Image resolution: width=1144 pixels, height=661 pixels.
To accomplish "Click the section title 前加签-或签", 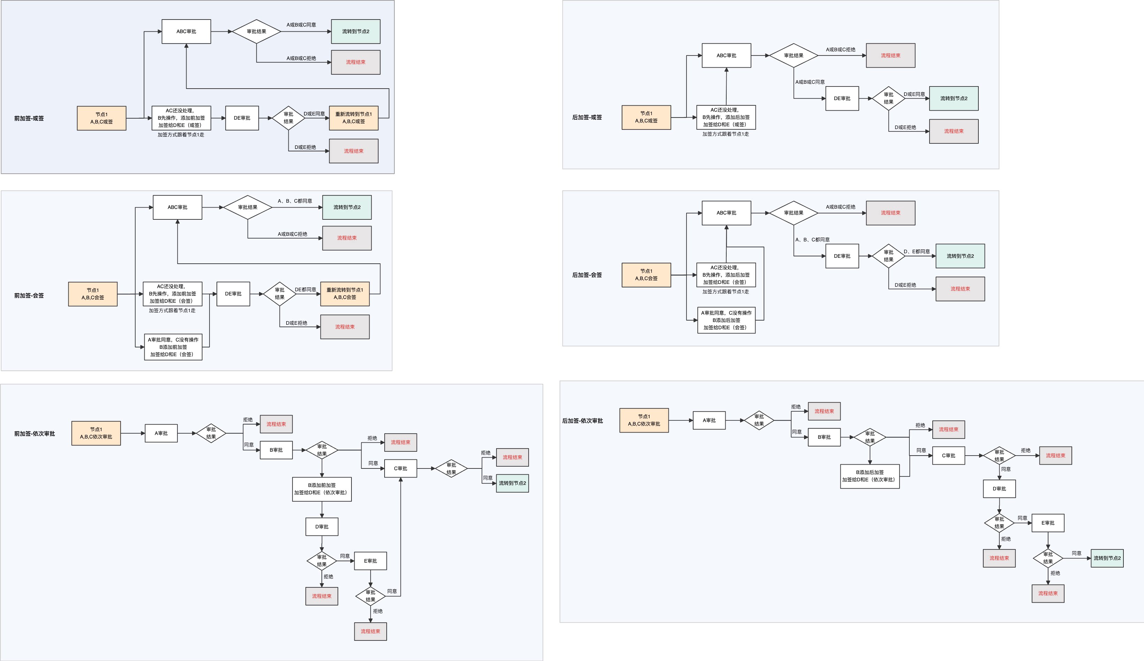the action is point(29,119).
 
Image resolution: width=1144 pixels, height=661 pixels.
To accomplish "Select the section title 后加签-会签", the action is point(587,275).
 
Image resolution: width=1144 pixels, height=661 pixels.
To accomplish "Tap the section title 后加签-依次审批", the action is point(582,421).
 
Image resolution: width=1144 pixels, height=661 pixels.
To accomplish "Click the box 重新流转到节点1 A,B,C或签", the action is point(354,118).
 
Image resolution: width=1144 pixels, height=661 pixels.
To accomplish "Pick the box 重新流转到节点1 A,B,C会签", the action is point(345,294).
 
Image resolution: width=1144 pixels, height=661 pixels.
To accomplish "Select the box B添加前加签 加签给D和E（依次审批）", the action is point(322,489).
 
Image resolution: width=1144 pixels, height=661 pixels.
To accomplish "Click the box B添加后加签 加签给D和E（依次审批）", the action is point(870,476).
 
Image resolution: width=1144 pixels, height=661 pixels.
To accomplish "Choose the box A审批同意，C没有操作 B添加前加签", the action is point(173,347).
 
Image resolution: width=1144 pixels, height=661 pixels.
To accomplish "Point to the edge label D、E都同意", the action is point(917,251).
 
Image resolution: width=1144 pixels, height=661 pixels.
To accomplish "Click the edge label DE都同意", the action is point(305,290).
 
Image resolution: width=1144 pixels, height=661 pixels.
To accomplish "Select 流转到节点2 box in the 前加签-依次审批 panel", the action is point(512,483).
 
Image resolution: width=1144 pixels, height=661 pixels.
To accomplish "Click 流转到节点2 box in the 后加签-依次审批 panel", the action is point(1107,558).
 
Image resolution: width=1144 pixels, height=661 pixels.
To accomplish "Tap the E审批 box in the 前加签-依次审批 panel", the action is point(370,561).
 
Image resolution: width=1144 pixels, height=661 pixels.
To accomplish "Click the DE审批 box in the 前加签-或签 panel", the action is point(242,118).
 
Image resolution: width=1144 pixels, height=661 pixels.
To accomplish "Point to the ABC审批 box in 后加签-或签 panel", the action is point(727,55).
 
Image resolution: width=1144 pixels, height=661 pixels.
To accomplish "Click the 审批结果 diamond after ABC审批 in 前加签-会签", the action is point(248,208).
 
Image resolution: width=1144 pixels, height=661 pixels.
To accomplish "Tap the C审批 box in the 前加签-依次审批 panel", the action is point(401,468).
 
